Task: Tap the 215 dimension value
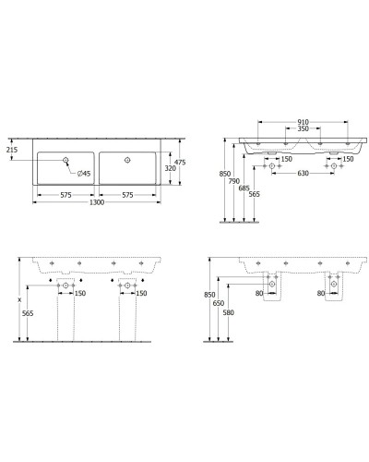(x=11, y=148)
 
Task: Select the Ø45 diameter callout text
(x=83, y=173)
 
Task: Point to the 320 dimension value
(x=169, y=169)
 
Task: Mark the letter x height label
(x=18, y=300)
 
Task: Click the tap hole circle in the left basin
(x=66, y=160)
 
